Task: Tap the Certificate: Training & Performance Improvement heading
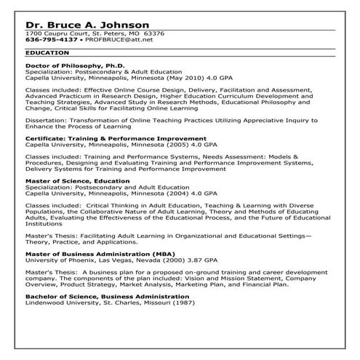[x=116, y=137]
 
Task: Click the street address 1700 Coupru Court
[x=55, y=33]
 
